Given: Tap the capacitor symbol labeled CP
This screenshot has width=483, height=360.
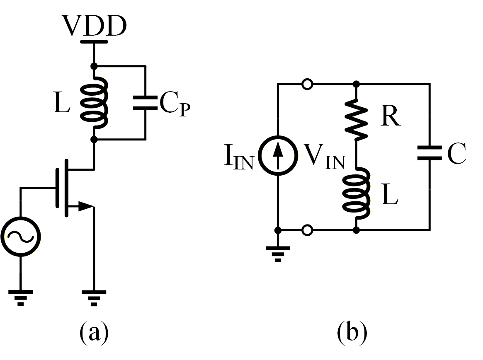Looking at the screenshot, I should (145, 103).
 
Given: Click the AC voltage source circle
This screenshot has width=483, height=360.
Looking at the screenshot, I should (21, 237).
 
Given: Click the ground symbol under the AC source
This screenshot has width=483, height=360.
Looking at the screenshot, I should (21, 297).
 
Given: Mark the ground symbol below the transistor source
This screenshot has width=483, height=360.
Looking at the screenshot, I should (94, 297).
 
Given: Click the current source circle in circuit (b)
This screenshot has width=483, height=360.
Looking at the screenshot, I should (278, 157).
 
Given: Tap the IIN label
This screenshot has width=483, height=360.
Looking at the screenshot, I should (238, 159).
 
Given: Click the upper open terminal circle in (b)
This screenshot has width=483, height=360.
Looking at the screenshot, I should (307, 85).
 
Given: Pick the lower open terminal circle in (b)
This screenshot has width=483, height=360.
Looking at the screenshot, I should (307, 230).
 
